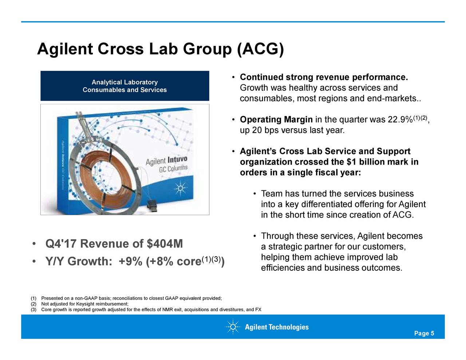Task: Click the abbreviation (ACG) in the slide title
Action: [260, 49]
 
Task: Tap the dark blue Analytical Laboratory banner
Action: [125, 86]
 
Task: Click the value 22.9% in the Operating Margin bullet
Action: [400, 120]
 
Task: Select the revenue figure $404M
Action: [165, 244]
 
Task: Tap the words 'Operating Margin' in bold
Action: [276, 120]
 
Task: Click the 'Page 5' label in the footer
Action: [424, 334]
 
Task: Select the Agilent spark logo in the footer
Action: [233, 327]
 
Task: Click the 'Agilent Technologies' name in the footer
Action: [276, 327]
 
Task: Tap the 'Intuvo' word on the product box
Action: [178, 160]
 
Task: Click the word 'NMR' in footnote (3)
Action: [166, 310]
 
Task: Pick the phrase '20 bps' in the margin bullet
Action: [265, 130]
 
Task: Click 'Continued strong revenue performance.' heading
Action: [324, 78]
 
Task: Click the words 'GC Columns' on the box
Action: [173, 169]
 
